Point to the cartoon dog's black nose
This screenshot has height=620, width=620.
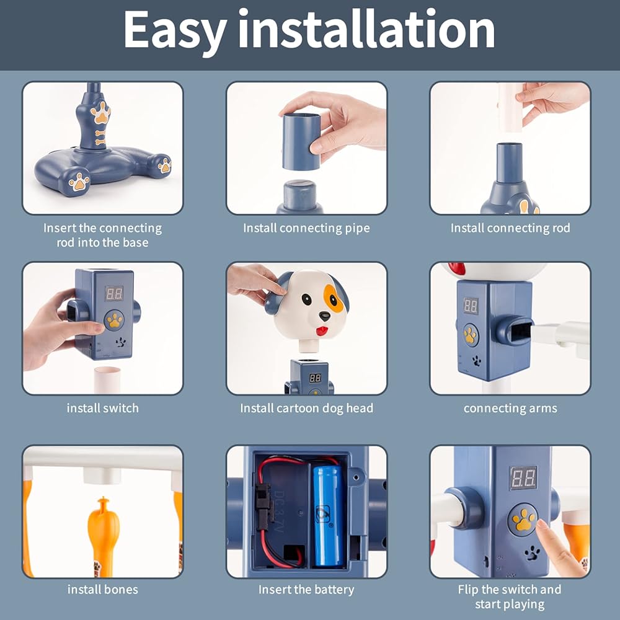325,316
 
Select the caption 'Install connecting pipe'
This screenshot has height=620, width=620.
306,229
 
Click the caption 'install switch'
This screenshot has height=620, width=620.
103,408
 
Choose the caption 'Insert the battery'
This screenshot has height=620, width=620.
306,590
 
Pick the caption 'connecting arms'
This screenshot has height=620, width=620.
510,409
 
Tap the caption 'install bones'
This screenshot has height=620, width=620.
103,590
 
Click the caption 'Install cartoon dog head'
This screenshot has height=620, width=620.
306,409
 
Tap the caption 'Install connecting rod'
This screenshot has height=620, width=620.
510,228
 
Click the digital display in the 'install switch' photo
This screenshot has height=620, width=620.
114,293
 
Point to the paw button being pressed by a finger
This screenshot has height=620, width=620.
523,519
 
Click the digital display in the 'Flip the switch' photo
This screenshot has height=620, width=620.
523,477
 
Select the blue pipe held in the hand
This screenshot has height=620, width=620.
301,141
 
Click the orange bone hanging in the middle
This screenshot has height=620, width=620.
104,536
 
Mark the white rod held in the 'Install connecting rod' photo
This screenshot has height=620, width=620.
510,107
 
